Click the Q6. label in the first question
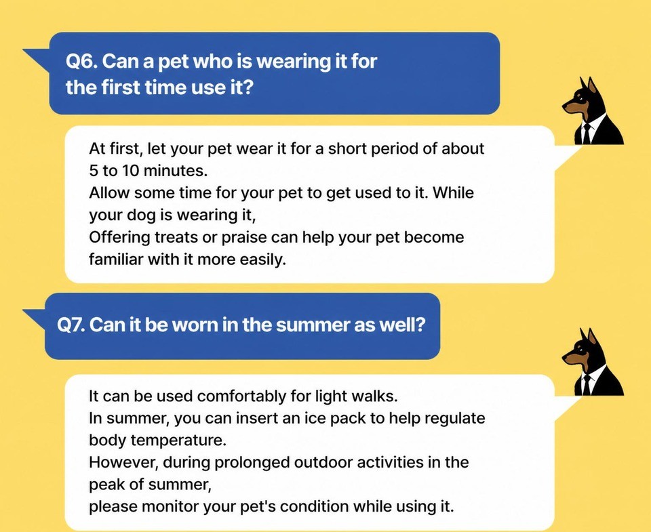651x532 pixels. [81, 62]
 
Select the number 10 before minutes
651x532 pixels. [131, 171]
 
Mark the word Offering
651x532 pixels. [119, 238]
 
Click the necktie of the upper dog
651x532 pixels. [586, 133]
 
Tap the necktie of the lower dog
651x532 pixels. [586, 385]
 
